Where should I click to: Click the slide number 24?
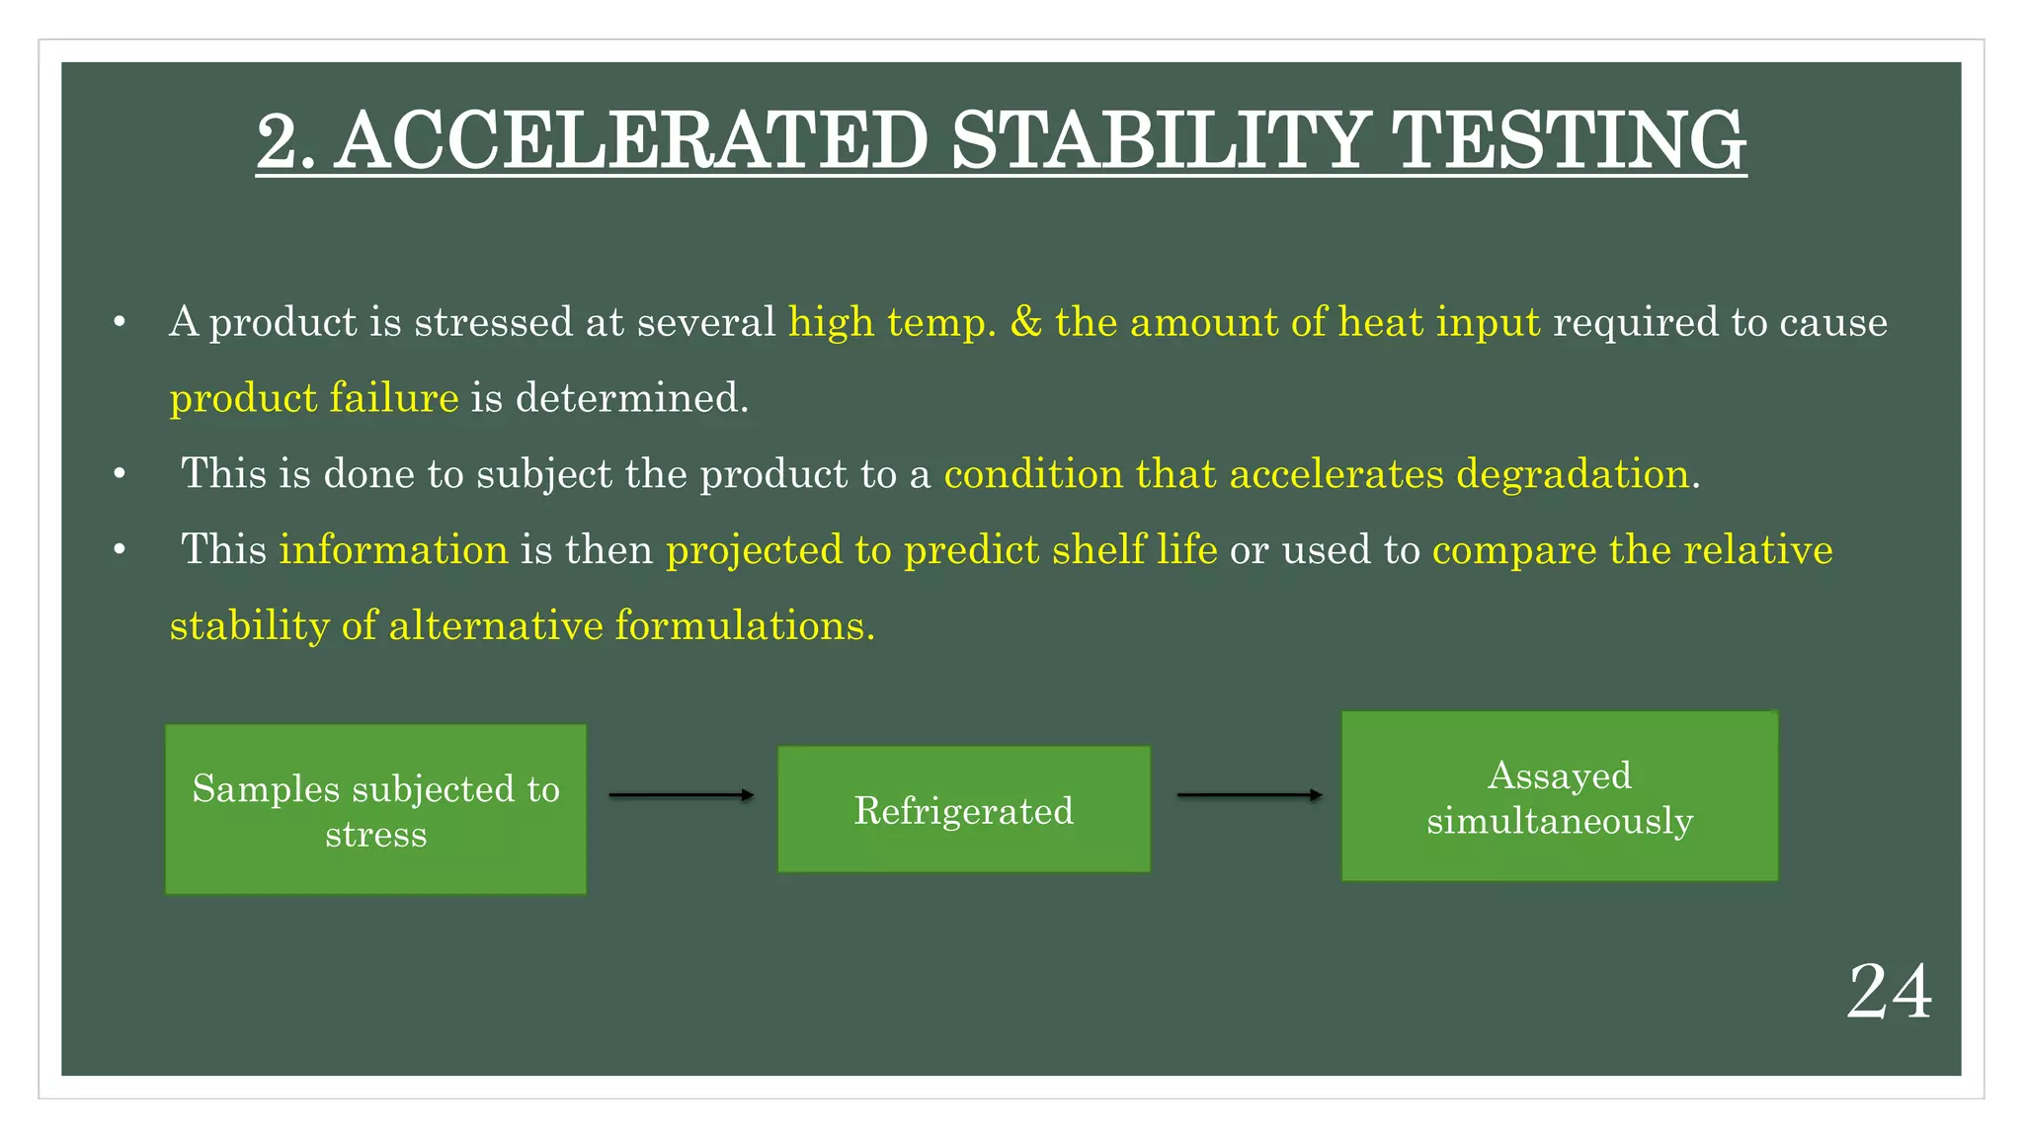pos(1888,992)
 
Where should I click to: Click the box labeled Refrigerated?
pos(964,810)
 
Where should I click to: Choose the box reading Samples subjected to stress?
pos(375,810)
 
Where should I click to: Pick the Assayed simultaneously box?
pos(1559,796)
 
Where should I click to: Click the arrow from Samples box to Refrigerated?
pos(681,795)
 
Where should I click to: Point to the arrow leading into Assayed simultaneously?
pos(1249,795)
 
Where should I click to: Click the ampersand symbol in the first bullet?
pos(1025,323)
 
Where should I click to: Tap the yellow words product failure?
pos(314,398)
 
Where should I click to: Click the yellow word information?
pos(393,550)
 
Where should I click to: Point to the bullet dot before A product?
pos(120,323)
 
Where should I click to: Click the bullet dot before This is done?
pos(120,475)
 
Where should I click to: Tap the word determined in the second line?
pos(631,398)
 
